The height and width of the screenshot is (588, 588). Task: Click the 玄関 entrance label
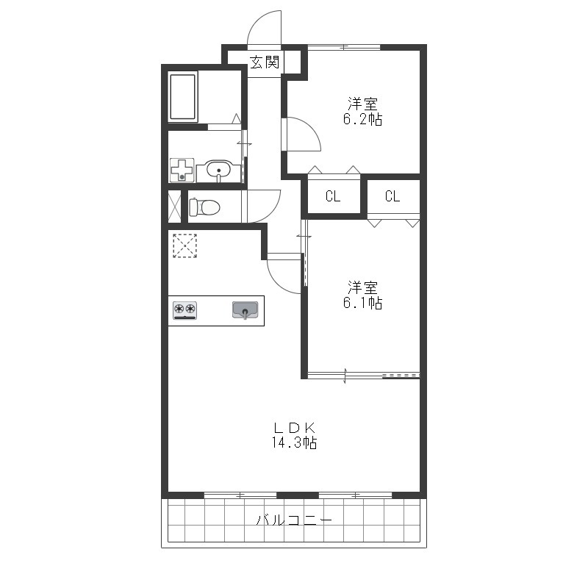coord(265,62)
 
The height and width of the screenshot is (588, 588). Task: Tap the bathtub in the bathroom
coord(182,97)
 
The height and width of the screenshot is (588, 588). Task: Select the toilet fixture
coord(204,207)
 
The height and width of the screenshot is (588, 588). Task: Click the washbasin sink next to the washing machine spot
coord(218,171)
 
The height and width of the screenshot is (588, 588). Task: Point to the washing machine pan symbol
coord(182,170)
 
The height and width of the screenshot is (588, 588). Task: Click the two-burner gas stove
coord(184,310)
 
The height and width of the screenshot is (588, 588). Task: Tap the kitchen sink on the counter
coord(245,310)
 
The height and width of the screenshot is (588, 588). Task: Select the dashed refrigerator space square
coord(185,245)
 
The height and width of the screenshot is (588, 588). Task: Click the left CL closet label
coord(333,196)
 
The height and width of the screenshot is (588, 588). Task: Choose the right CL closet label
coord(392,196)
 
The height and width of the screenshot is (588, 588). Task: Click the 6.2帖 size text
coord(362,119)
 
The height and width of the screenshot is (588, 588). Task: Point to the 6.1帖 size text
coord(362,302)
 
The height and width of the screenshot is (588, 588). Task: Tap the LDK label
coord(295,428)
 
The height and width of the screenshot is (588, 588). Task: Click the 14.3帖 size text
coord(295,442)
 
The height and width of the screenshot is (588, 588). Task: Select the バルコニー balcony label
coord(295,520)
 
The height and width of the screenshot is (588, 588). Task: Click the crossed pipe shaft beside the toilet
coord(174,207)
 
